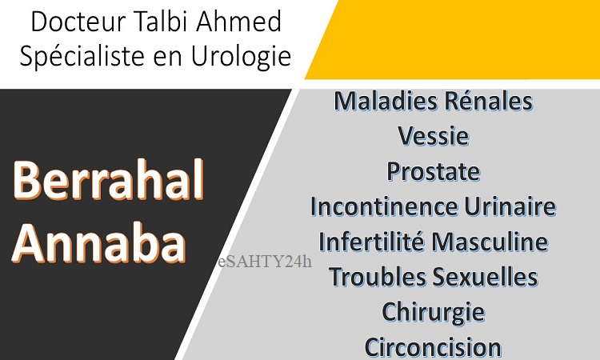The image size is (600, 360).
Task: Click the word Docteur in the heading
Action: [78, 22]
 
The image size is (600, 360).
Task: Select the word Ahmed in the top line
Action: [239, 22]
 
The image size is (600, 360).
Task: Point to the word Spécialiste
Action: [82, 56]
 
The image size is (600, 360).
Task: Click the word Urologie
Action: [241, 56]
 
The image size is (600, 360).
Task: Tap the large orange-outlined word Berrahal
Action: [108, 180]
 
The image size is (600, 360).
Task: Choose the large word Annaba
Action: [99, 243]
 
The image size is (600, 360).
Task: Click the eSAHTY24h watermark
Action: [265, 262]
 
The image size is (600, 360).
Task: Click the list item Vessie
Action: [433, 136]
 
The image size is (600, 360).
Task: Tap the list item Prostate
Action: [433, 171]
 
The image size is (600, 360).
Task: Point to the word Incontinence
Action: [384, 206]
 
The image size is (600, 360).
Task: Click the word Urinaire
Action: [510, 206]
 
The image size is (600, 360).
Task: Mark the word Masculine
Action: [490, 242]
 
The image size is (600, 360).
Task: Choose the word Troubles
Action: [378, 277]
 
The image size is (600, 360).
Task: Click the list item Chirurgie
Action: [433, 313]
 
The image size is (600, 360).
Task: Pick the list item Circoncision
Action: [433, 347]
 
